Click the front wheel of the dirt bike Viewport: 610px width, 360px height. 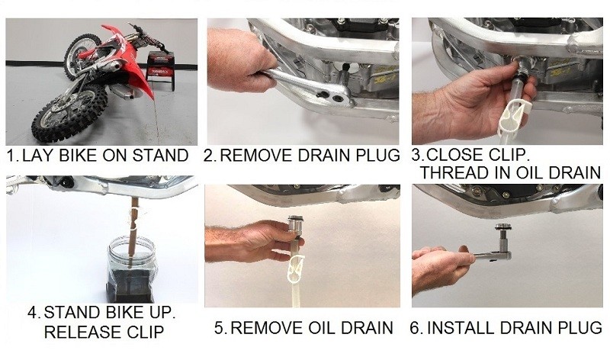pos(69,113)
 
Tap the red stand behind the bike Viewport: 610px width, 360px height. pos(160,69)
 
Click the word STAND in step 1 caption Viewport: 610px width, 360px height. pos(160,156)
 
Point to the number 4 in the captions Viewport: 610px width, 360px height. pos(32,313)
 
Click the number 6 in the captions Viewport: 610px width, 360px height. pos(415,328)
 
